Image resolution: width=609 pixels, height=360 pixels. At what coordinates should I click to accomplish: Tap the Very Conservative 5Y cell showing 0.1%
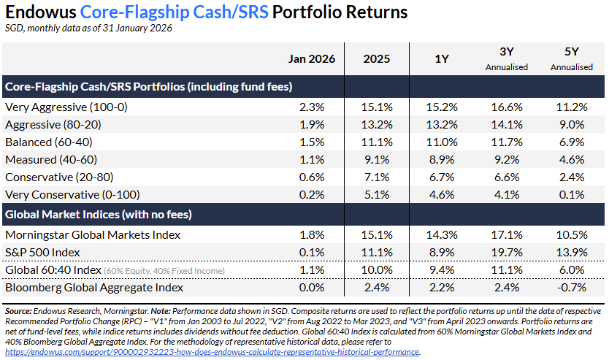tap(572, 195)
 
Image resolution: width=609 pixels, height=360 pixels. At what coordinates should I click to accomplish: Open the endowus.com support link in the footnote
tap(212, 351)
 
